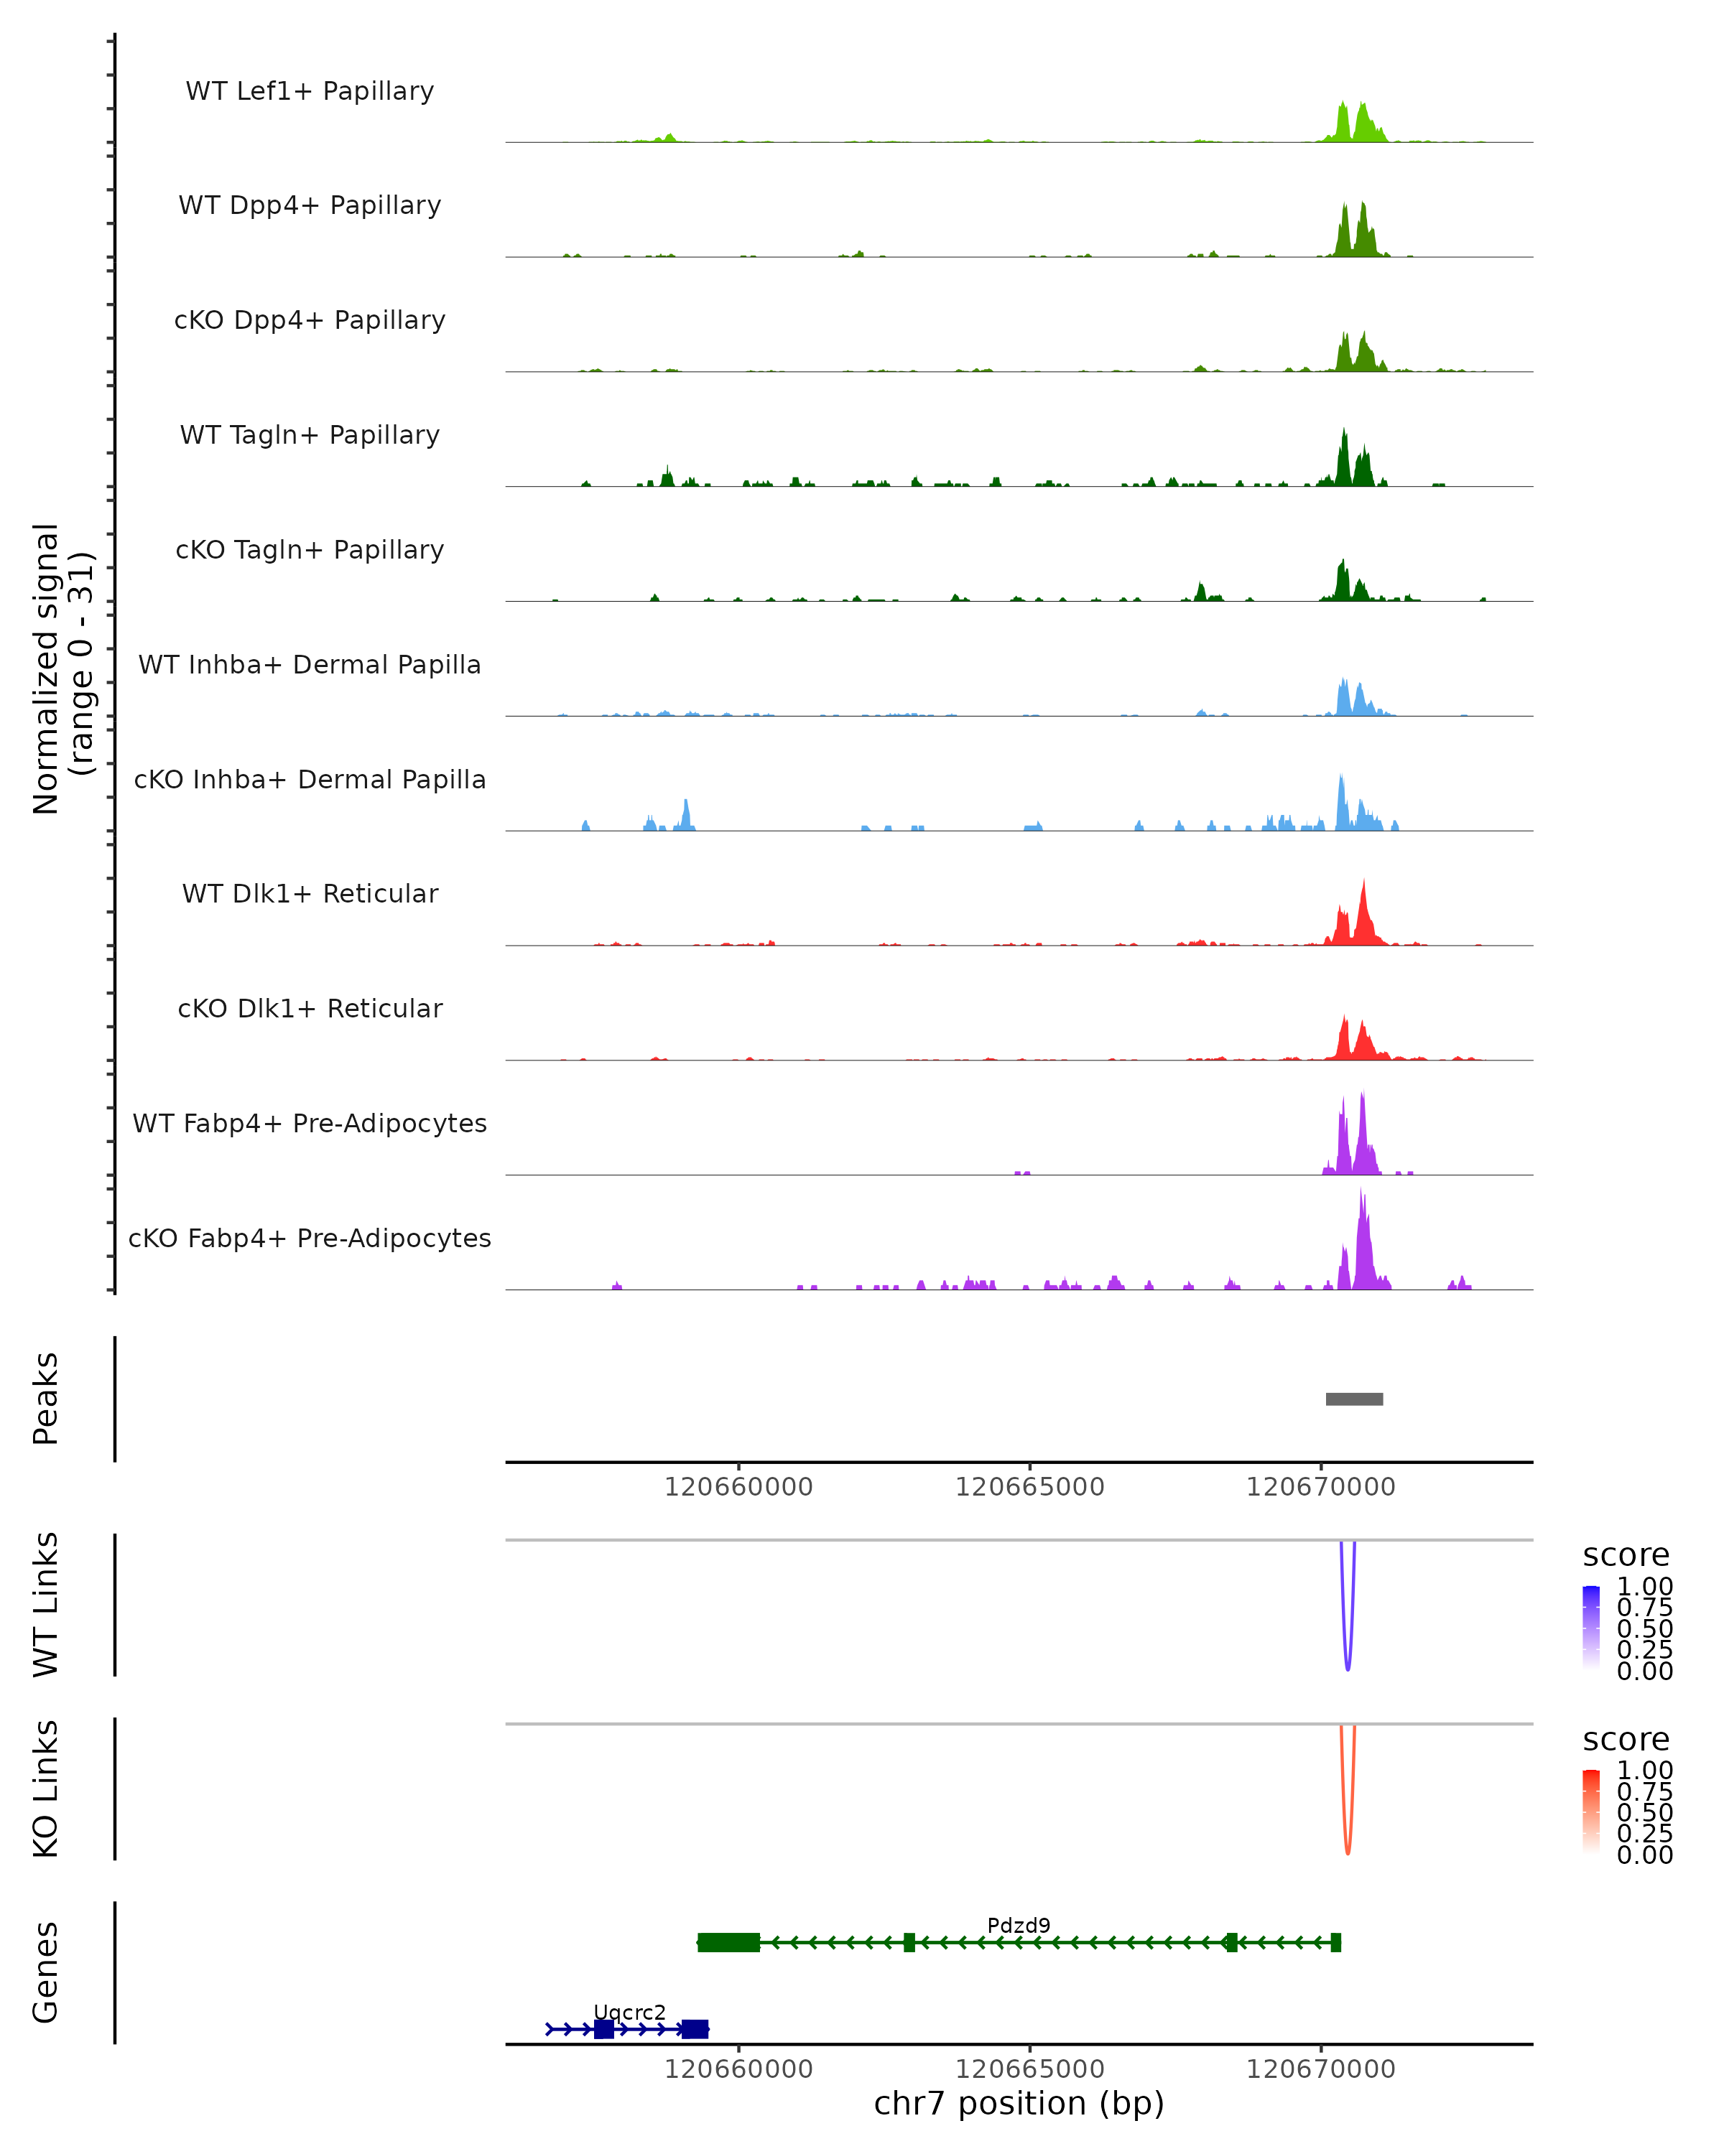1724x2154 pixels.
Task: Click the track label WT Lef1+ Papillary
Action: pos(310,91)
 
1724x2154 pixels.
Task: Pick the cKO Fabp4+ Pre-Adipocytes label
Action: pos(310,1238)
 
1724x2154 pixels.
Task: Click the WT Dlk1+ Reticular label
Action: pos(310,893)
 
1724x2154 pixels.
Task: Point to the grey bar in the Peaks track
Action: pos(1353,1399)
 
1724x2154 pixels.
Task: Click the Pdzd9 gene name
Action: pos(1019,1925)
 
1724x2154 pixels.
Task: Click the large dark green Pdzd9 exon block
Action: pos(728,1942)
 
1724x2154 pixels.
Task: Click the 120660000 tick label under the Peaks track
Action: pos(738,1487)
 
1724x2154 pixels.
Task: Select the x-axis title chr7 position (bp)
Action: pos(1019,2103)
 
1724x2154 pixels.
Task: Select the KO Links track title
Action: pos(46,1789)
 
